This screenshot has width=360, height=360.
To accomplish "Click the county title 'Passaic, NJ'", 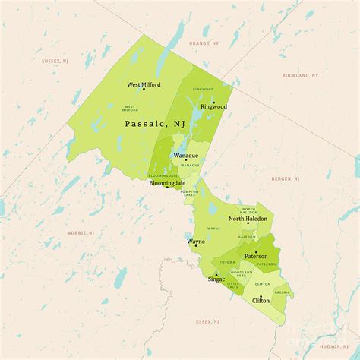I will [155, 122].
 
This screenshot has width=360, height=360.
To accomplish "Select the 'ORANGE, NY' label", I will [204, 43].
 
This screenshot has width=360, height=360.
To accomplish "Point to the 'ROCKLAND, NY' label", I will [300, 75].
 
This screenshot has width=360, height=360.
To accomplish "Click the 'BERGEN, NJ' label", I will [286, 178].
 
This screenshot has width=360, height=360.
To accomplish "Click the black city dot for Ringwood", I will [213, 102].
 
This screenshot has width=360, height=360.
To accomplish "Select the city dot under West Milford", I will [144, 90].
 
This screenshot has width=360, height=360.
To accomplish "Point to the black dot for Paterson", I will [256, 252].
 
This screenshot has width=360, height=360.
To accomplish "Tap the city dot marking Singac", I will [216, 274].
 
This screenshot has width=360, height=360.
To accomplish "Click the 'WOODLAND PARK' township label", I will [242, 273].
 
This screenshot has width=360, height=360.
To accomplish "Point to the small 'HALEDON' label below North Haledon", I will [247, 237].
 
